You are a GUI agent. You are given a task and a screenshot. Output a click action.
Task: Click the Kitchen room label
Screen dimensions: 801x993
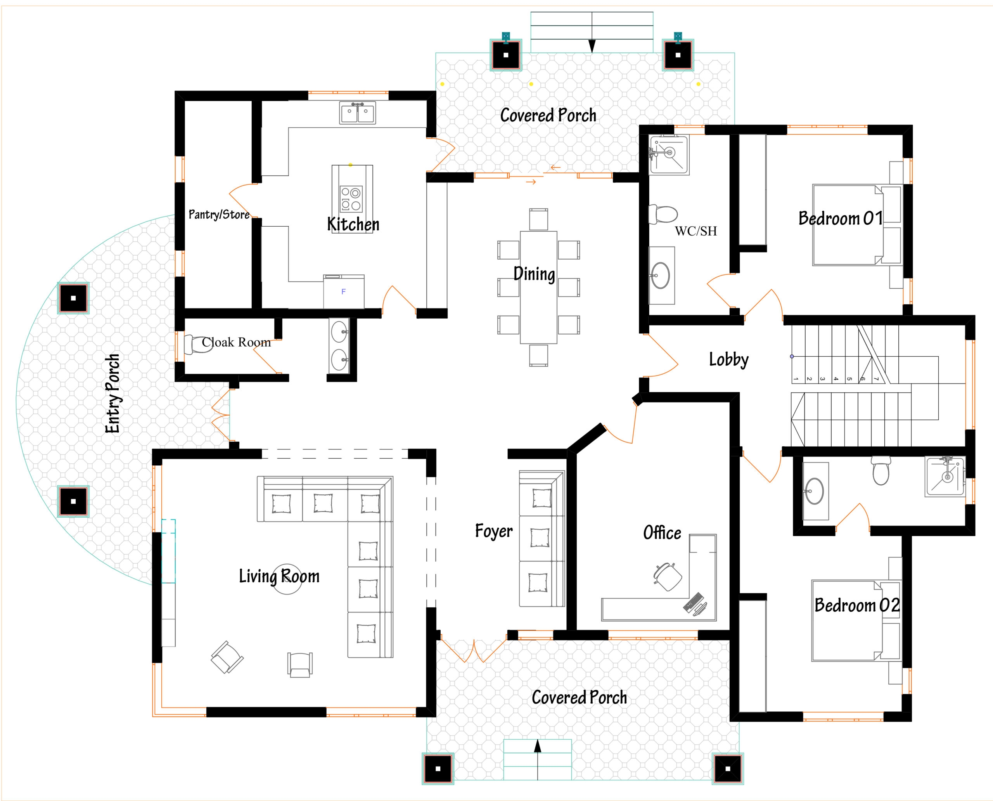pos(353,224)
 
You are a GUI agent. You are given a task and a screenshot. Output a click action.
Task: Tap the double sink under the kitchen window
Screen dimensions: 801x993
pos(358,113)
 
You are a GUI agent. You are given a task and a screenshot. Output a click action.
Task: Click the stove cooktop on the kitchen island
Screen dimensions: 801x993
pos(351,198)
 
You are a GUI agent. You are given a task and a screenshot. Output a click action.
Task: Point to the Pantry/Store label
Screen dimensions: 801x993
pos(219,214)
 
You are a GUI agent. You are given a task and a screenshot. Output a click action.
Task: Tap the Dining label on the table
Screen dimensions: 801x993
pos(534,274)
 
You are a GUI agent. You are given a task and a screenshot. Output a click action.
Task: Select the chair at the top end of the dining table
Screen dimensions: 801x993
pos(538,219)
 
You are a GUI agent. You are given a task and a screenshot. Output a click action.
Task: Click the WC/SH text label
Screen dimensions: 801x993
pos(695,231)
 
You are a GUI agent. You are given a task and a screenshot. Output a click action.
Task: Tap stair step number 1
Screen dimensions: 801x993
pos(796,379)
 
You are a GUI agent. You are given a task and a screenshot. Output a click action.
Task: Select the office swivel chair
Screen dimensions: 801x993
pos(668,576)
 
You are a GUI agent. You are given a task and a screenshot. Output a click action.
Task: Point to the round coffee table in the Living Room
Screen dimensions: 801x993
pos(287,579)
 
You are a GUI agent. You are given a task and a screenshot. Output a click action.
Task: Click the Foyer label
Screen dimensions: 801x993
pos(493,531)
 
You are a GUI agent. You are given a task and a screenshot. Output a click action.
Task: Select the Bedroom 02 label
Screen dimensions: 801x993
pos(856,605)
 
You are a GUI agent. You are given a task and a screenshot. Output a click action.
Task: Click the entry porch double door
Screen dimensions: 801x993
pos(221,415)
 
